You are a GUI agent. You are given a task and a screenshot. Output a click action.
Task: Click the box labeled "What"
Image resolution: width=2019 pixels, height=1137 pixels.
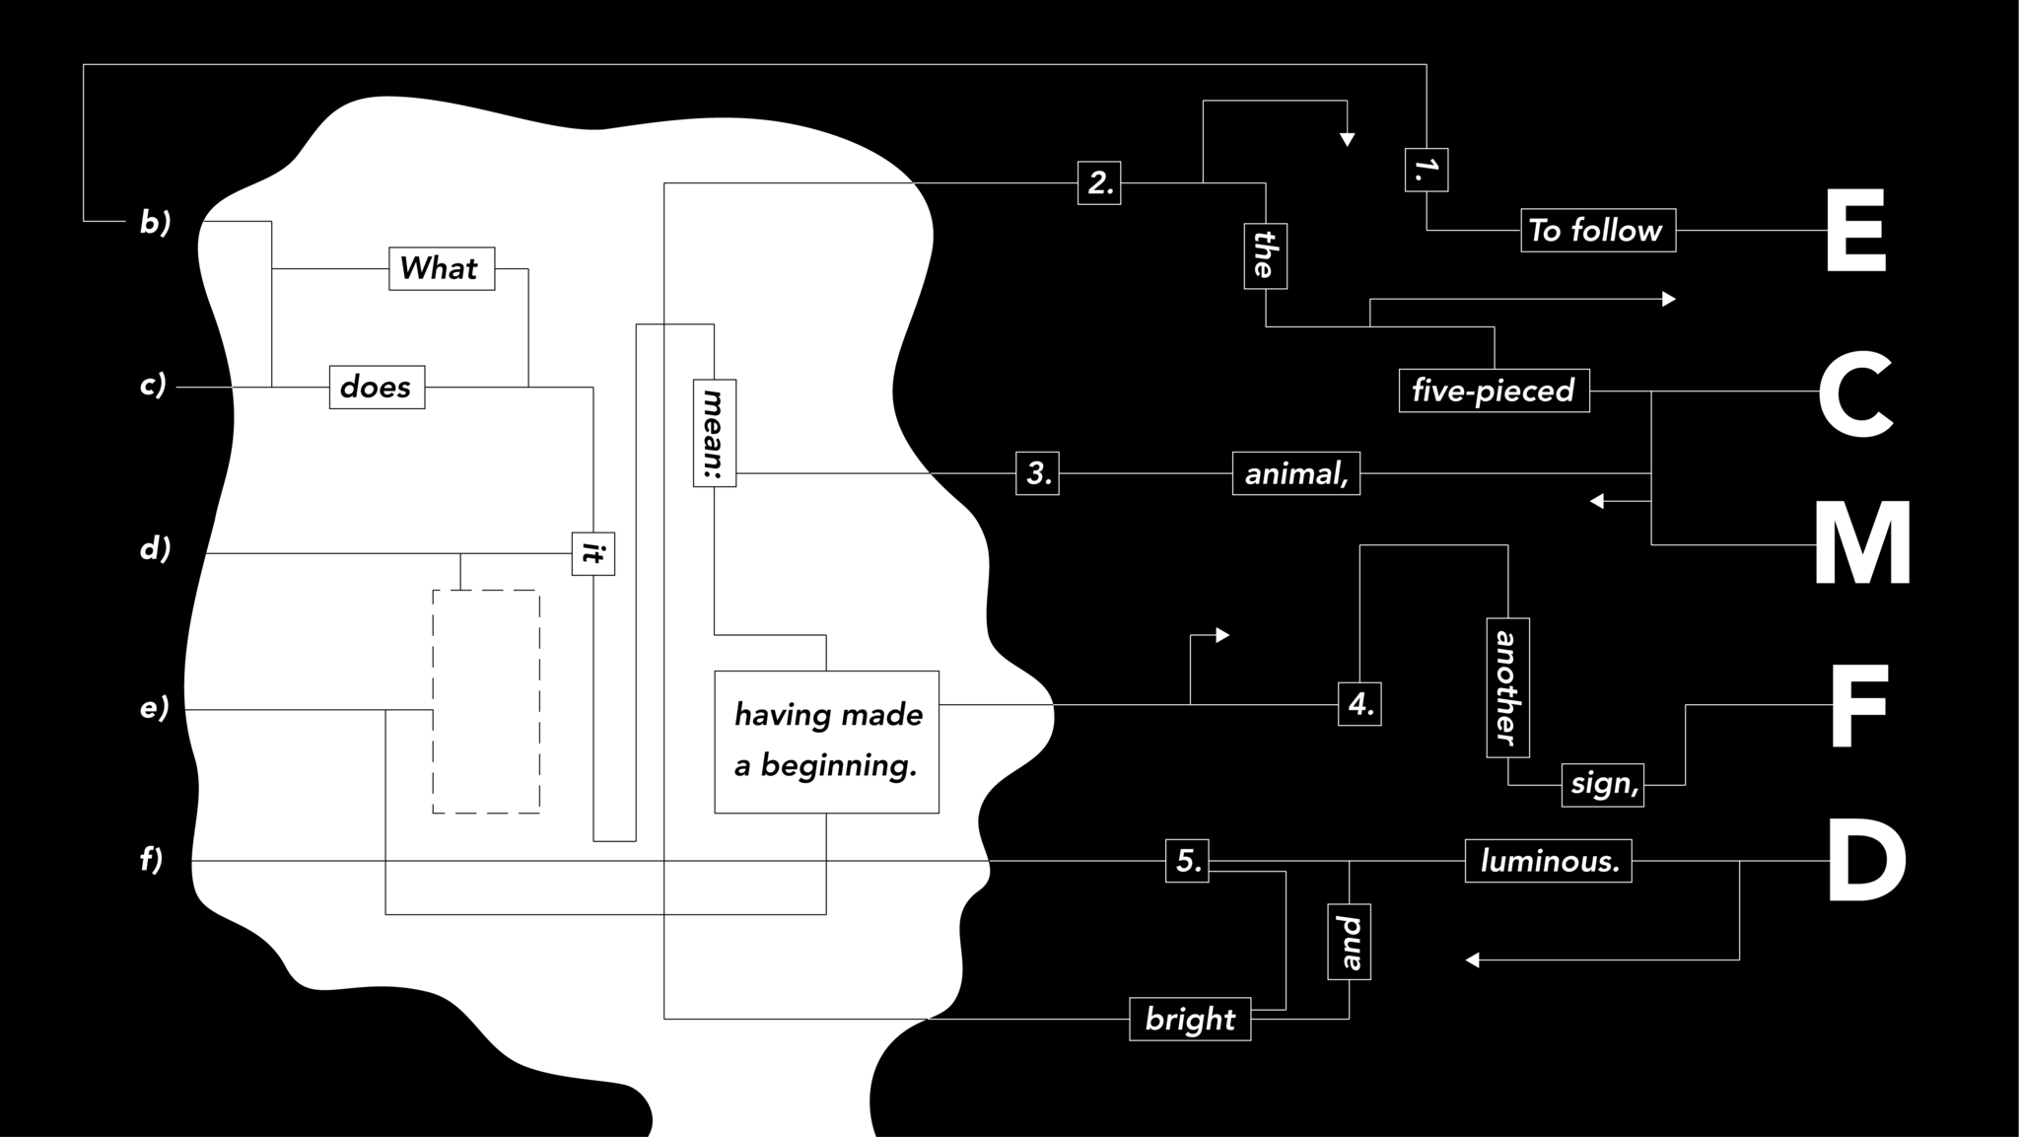(441, 268)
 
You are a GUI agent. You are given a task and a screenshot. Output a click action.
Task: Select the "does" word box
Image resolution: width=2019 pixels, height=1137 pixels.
(377, 387)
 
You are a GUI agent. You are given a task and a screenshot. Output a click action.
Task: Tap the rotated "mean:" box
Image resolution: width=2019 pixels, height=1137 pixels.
(714, 433)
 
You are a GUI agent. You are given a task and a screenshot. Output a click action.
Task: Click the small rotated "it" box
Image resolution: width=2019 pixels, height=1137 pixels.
(592, 553)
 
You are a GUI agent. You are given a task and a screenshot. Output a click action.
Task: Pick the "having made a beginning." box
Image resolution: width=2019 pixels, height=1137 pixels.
(826, 742)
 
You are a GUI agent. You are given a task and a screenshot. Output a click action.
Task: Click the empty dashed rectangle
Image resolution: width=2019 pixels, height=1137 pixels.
(486, 702)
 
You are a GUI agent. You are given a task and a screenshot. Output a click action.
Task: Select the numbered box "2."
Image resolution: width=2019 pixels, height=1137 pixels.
(1098, 182)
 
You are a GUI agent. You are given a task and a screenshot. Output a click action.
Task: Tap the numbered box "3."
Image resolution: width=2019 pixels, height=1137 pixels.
(1037, 473)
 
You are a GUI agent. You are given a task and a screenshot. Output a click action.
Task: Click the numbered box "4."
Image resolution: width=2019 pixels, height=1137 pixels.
(1359, 704)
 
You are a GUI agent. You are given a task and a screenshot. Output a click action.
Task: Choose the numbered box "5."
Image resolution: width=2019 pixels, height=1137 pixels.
(1187, 861)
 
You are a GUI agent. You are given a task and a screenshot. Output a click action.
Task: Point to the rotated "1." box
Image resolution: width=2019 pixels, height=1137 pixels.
(1426, 170)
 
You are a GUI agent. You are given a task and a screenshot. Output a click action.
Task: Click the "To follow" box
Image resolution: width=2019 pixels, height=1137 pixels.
(1597, 230)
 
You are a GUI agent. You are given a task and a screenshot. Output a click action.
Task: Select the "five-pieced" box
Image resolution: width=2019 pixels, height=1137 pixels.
(1494, 391)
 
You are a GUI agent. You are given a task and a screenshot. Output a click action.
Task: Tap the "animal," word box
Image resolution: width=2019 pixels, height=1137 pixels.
(1295, 473)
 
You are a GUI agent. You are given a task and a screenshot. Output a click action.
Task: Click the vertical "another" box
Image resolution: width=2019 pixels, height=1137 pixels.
(1507, 687)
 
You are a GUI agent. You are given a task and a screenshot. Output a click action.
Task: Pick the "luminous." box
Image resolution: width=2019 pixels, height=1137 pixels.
(1548, 861)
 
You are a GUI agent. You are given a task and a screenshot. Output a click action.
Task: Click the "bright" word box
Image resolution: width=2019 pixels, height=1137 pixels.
(1190, 1019)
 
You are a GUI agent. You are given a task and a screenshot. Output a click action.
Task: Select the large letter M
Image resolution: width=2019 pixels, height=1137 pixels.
(1861, 544)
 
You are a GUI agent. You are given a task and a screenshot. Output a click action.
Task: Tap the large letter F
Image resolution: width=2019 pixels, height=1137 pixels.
(1858, 705)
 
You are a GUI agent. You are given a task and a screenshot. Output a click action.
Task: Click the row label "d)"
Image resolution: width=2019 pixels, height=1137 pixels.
(155, 548)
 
